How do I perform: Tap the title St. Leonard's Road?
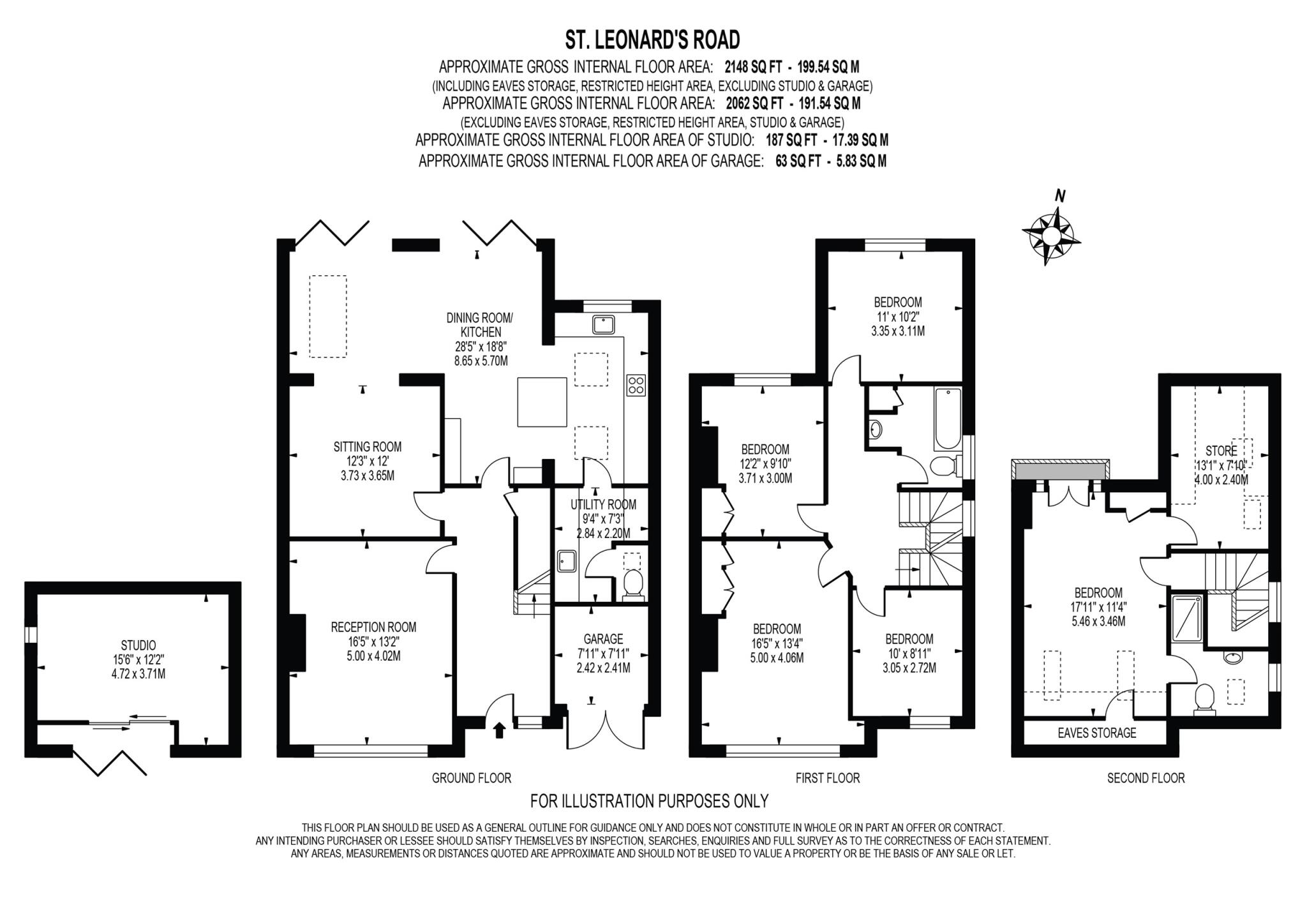[x=653, y=40]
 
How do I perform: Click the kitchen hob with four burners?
[x=636, y=385]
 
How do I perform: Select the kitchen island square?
[x=542, y=402]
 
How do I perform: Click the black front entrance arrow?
[x=499, y=729]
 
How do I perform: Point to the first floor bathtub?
[x=946, y=419]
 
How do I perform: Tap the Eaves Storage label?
[x=1097, y=733]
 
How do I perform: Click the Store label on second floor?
[x=1221, y=451]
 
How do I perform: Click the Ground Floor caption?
[x=472, y=778]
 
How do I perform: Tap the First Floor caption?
[x=828, y=778]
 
